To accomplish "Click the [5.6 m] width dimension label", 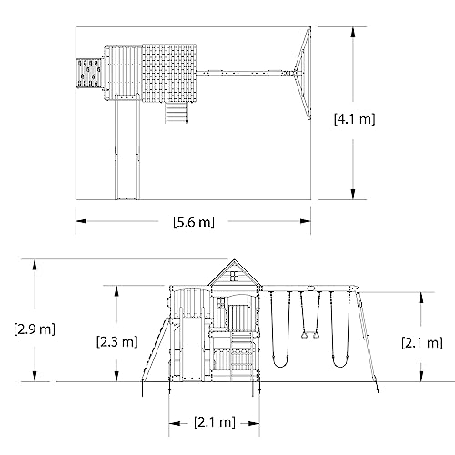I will coord(195,221).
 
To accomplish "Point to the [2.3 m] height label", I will coord(116,342).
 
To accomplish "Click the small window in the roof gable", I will coord(227,270).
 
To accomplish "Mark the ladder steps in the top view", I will coord(175,111).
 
